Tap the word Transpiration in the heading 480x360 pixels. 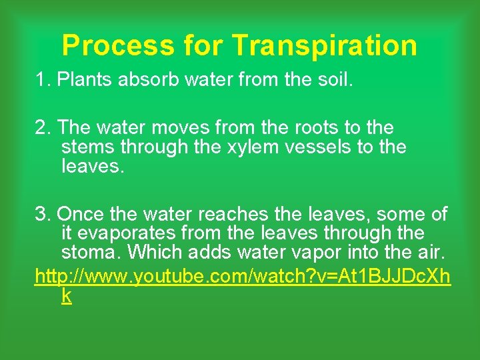[325, 45]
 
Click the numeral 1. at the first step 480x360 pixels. [43, 80]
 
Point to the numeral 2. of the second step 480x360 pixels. [43, 127]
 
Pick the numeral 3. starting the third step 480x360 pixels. [43, 214]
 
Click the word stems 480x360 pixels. [87, 146]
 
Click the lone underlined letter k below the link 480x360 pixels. [65, 295]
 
